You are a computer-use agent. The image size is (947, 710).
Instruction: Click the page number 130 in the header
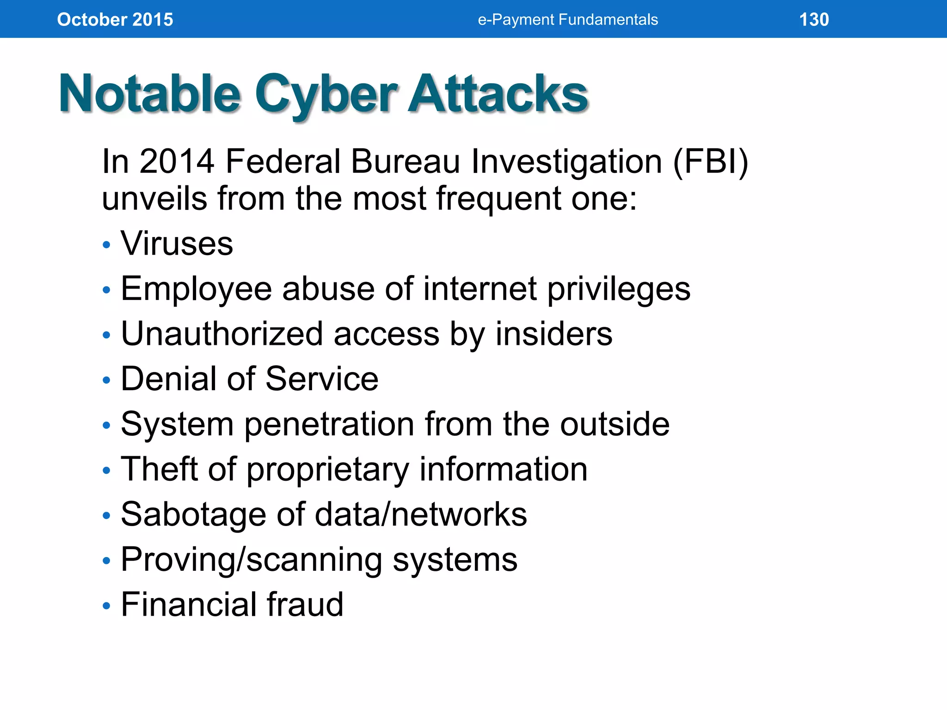pyautogui.click(x=814, y=19)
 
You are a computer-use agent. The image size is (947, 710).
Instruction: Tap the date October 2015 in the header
pyautogui.click(x=115, y=19)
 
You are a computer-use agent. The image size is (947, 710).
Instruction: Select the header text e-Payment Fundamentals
pyautogui.click(x=567, y=19)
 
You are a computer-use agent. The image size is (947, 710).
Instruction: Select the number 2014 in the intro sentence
pyautogui.click(x=177, y=161)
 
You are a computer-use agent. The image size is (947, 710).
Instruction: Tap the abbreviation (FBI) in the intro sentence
pyautogui.click(x=710, y=161)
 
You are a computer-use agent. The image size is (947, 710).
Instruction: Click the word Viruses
pyautogui.click(x=177, y=243)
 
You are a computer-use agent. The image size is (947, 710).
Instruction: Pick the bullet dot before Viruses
pyautogui.click(x=107, y=245)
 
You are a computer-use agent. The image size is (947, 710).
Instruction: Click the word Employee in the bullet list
pyautogui.click(x=196, y=289)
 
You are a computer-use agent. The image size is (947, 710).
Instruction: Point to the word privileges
pyautogui.click(x=619, y=289)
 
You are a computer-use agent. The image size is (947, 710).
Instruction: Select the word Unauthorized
pyautogui.click(x=221, y=333)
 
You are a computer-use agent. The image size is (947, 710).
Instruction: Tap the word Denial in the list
pyautogui.click(x=168, y=379)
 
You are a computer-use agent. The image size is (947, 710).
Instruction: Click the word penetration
pyautogui.click(x=329, y=424)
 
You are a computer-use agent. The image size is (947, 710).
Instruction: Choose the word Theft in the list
pyautogui.click(x=159, y=469)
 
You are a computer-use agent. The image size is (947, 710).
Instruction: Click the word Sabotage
pyautogui.click(x=193, y=514)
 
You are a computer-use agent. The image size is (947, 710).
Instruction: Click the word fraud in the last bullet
pyautogui.click(x=304, y=604)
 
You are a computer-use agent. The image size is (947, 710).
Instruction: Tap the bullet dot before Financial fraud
pyautogui.click(x=107, y=606)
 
